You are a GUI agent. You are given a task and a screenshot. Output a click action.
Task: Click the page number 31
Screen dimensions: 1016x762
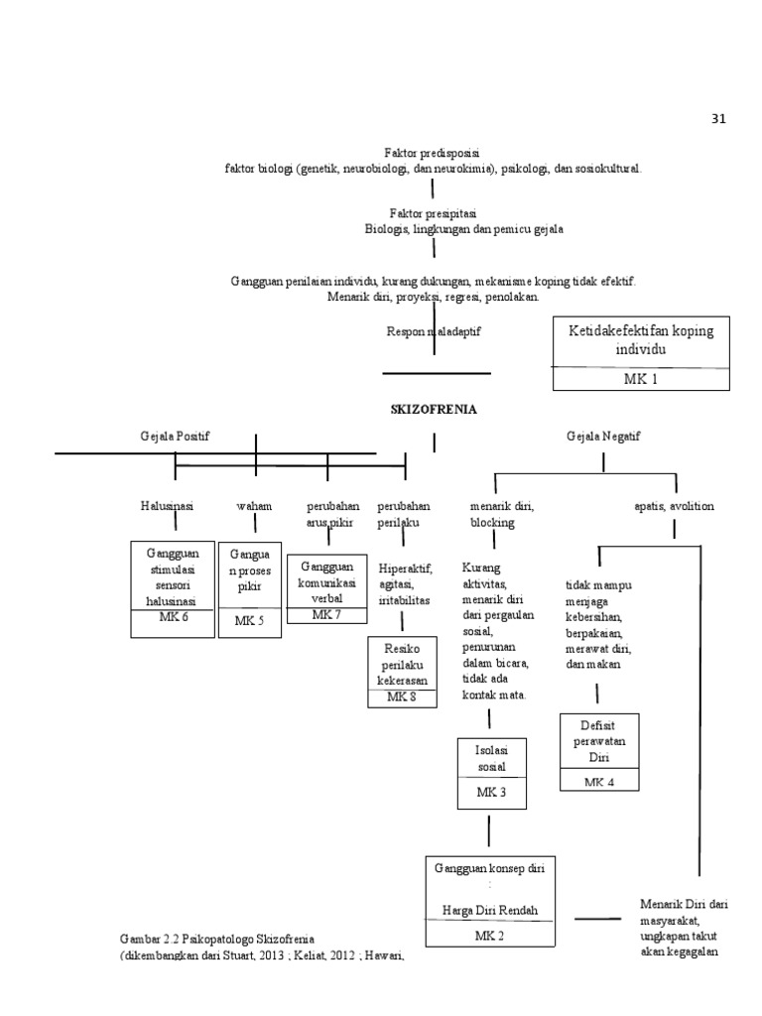pyautogui.click(x=719, y=119)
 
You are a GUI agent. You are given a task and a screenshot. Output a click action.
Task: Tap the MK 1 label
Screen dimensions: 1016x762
pyautogui.click(x=640, y=378)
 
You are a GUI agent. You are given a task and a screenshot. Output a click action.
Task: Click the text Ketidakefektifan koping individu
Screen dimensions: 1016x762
pyautogui.click(x=640, y=339)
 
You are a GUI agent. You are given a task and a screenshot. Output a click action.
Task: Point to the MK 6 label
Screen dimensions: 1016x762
pyautogui.click(x=173, y=617)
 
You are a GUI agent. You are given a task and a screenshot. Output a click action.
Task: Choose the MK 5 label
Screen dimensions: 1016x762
pyautogui.click(x=250, y=621)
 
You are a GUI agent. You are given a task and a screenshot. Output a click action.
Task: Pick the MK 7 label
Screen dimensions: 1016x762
pyautogui.click(x=326, y=615)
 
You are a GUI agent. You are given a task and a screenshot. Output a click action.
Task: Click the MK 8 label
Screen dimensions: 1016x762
pyautogui.click(x=401, y=698)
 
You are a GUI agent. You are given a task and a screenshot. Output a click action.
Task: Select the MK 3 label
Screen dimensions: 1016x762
pyautogui.click(x=490, y=792)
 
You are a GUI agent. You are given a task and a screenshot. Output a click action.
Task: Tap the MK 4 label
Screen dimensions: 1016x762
pyautogui.click(x=599, y=782)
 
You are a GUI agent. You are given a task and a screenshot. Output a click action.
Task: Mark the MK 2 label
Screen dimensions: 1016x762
pyautogui.click(x=489, y=936)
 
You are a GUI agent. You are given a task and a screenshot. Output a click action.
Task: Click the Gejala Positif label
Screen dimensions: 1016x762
pyautogui.click(x=175, y=437)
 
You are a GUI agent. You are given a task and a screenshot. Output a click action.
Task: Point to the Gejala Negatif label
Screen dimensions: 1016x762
pyautogui.click(x=603, y=437)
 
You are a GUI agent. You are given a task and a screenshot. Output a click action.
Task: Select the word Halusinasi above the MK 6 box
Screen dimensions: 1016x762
pyautogui.click(x=167, y=506)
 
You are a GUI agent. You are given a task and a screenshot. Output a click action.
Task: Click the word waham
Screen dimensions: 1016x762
pyautogui.click(x=254, y=506)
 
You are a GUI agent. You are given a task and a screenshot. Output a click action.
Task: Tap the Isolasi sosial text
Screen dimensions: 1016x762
pyautogui.click(x=490, y=759)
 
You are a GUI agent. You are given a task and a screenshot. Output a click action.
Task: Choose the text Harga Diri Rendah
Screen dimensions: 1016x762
pyautogui.click(x=489, y=910)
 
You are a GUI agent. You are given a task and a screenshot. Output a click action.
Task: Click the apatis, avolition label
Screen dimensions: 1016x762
pyautogui.click(x=674, y=506)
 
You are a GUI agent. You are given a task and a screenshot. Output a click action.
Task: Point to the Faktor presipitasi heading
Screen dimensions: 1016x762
pyautogui.click(x=433, y=213)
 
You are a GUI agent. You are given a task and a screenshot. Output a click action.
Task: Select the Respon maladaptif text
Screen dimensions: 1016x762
pyautogui.click(x=434, y=331)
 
